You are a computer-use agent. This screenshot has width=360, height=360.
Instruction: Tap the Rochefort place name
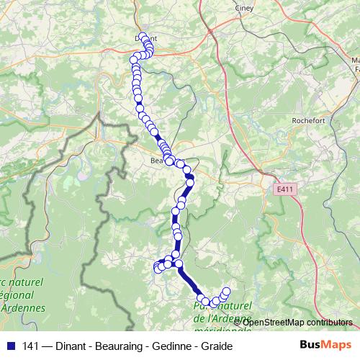(310, 120)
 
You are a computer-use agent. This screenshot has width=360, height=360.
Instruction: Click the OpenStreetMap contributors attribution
(297, 322)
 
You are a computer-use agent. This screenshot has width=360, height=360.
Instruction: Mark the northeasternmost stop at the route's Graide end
(226, 292)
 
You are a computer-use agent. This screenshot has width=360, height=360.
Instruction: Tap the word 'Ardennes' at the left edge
(24, 307)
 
